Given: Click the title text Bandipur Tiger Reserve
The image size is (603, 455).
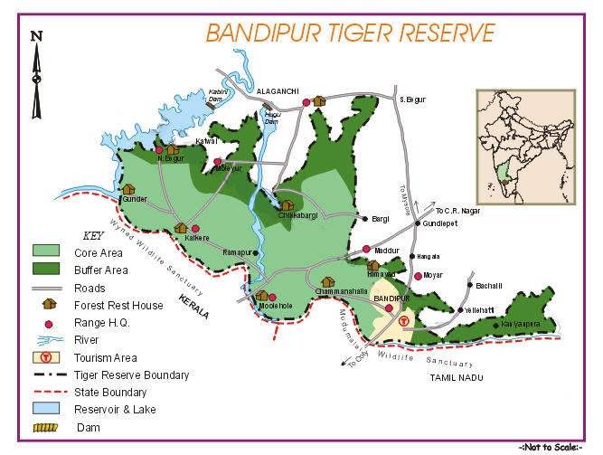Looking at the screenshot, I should pyautogui.click(x=350, y=33).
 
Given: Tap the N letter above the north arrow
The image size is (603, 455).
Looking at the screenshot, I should pyautogui.click(x=35, y=36).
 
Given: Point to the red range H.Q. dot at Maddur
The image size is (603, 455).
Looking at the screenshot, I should pyautogui.click(x=366, y=249).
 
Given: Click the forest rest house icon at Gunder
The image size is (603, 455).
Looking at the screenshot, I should pyautogui.click(x=128, y=190).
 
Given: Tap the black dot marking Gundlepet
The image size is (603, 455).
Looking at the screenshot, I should pyautogui.click(x=417, y=223).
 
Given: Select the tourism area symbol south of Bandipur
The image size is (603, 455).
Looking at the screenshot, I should pyautogui.click(x=404, y=321).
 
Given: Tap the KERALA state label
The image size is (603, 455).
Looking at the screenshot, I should pyautogui.click(x=193, y=308).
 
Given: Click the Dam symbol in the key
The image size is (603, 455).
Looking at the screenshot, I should pyautogui.click(x=46, y=426).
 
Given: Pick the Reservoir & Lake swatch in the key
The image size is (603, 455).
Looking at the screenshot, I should pyautogui.click(x=46, y=409).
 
